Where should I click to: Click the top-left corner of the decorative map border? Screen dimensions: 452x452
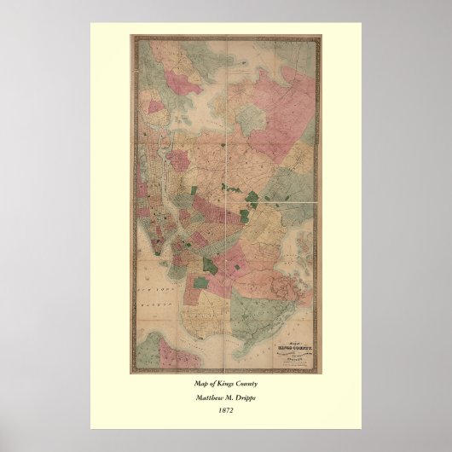[x=131, y=37]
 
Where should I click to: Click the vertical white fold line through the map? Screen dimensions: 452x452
[x=224, y=128]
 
